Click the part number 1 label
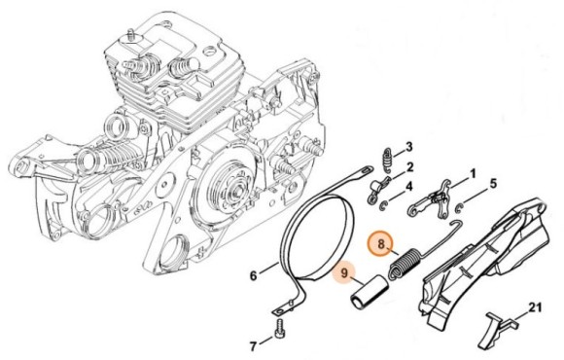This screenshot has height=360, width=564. point(473,174)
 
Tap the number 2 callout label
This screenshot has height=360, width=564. point(410,167)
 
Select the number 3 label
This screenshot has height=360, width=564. point(409,147)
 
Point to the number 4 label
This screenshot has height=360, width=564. point(409,187)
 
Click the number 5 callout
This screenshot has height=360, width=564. point(494,184)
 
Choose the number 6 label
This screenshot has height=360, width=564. point(254,276)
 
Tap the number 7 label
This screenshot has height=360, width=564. point(254,346)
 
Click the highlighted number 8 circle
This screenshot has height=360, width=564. point(381,245)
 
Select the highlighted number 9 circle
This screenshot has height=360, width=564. point(344,273)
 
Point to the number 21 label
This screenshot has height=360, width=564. point(535,308)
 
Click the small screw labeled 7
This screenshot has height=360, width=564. point(280,328)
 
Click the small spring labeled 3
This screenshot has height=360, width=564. point(386,159)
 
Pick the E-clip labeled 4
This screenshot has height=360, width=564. point(384,206)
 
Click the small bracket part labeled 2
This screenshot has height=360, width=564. point(376,189)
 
